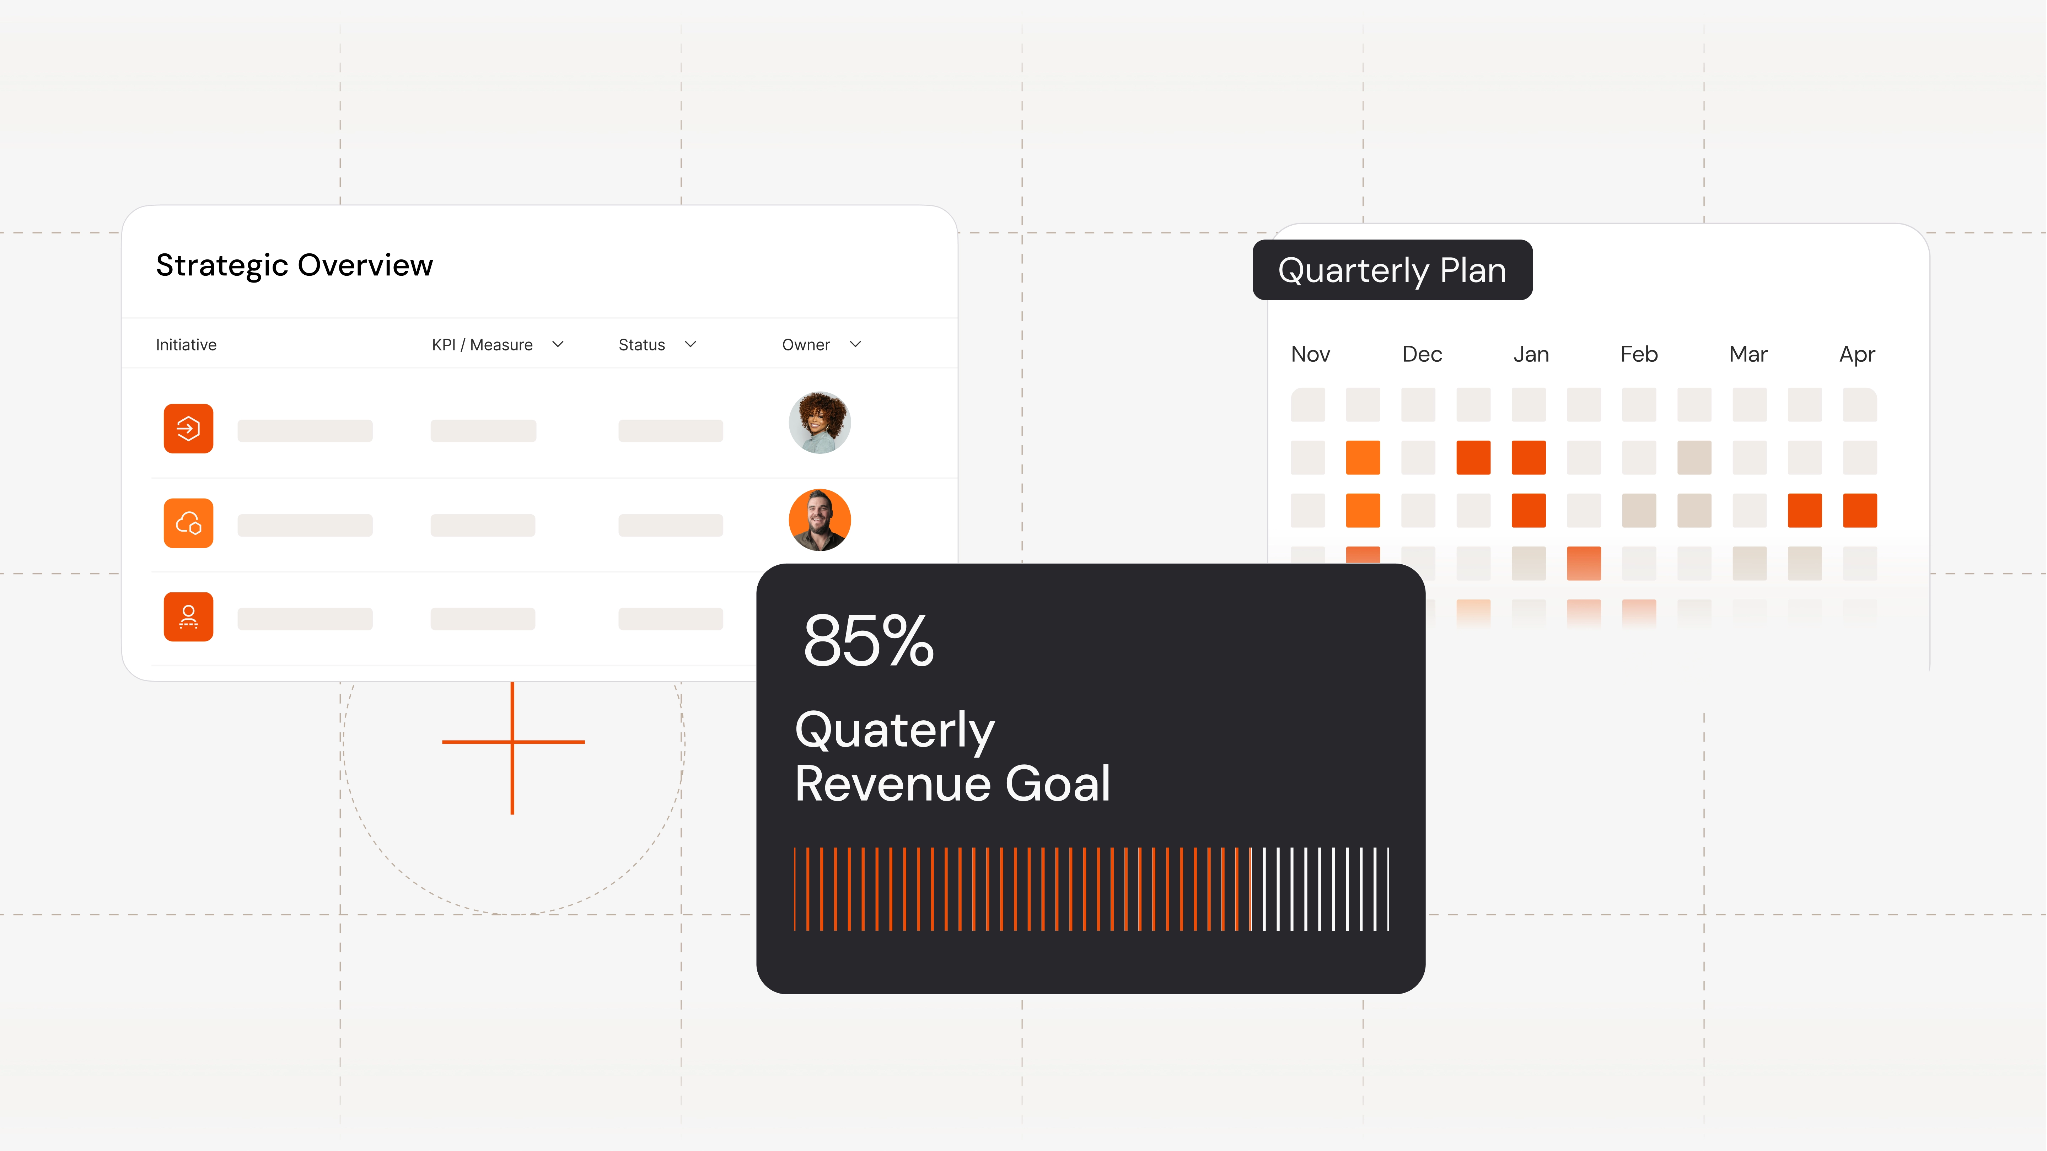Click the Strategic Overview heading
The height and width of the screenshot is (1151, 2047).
294,265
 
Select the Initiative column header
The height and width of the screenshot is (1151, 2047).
186,345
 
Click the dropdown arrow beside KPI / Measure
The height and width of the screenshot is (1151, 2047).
558,344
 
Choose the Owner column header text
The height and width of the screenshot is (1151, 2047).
806,345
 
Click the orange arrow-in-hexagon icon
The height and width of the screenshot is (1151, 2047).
188,429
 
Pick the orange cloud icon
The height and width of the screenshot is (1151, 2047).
188,523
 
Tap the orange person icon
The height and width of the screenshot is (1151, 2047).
188,617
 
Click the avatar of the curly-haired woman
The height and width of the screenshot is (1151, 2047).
819,423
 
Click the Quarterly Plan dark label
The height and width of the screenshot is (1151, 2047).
1392,270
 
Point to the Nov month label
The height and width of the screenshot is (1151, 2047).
1310,354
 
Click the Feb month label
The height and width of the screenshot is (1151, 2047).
1639,354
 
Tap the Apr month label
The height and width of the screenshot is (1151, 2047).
1857,354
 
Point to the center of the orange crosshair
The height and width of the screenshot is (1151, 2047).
512,742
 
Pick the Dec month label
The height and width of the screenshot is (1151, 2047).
1422,354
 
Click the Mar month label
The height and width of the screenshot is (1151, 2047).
1748,354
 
